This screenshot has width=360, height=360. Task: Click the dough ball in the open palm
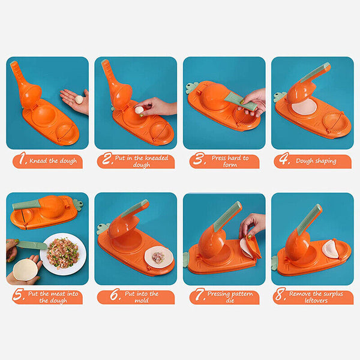pos(79,99)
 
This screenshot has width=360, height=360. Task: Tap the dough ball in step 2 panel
pos(139,110)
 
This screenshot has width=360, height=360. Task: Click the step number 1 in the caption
pos(22,158)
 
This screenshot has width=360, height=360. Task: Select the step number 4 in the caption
pos(284,158)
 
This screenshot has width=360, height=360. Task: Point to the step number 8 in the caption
pos(280,294)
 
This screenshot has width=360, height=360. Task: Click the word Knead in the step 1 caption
pos(38,161)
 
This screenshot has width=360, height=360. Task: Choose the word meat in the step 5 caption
pos(58,293)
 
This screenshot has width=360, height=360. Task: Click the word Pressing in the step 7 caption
pos(218,294)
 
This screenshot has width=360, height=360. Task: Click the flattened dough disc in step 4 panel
pos(305,107)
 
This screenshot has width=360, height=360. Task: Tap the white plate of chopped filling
pos(63,254)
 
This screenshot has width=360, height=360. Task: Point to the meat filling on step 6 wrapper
pos(158,256)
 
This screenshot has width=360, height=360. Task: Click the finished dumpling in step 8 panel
pos(330,249)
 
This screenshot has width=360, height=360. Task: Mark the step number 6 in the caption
pos(115,295)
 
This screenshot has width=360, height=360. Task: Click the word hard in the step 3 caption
pos(236,158)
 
